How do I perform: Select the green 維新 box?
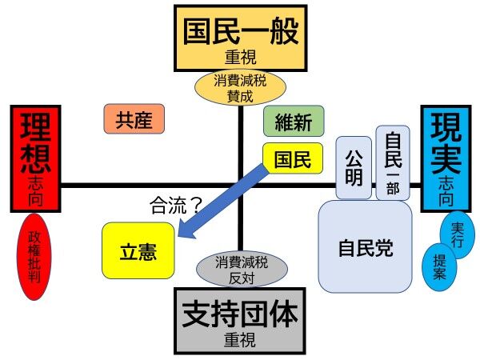[294, 121]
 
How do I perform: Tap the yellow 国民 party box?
[293, 158]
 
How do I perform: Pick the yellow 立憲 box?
[138, 251]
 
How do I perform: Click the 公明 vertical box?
[354, 167]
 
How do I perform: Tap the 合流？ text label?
[175, 206]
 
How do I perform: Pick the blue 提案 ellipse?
[440, 266]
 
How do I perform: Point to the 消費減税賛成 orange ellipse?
[240, 88]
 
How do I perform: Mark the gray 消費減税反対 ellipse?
[239, 269]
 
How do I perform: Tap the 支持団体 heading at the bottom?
[240, 314]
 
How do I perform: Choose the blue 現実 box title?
[445, 140]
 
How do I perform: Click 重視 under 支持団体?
[240, 341]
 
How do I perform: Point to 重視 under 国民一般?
[240, 58]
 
